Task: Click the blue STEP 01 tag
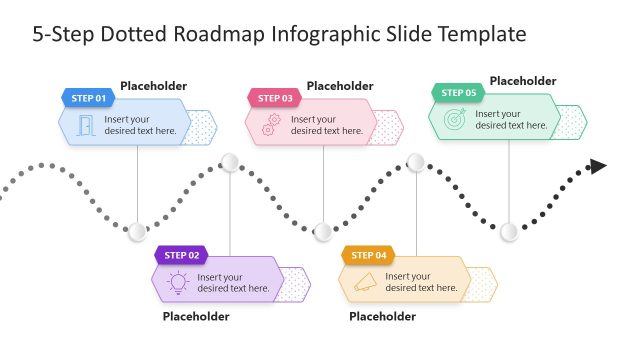[87, 98]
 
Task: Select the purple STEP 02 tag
[181, 255]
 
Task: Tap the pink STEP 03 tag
[274, 98]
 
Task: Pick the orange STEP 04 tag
[368, 255]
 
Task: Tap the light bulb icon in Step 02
[178, 282]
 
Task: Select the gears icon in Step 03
[271, 125]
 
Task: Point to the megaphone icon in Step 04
[365, 282]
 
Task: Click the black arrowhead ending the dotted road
[598, 166]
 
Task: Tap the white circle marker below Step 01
[137, 232]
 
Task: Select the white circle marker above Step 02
[229, 162]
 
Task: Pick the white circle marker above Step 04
[416, 162]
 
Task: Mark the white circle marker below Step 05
[509, 232]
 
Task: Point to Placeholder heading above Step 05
[523, 81]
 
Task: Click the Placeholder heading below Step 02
[196, 316]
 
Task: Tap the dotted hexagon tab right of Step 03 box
[386, 126]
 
